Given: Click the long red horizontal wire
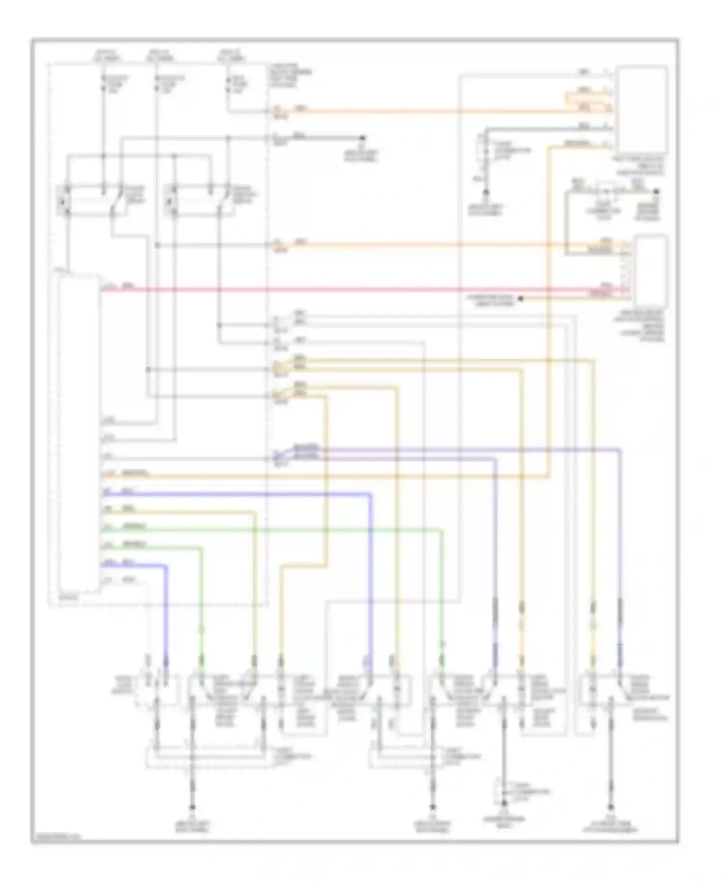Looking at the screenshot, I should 337,290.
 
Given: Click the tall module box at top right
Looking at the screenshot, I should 643,110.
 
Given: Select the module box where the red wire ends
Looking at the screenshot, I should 651,271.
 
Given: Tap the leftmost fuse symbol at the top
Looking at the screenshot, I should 103,84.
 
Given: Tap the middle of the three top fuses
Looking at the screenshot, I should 157,84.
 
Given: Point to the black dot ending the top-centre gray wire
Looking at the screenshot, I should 363,138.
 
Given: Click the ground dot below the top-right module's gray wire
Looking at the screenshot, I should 486,193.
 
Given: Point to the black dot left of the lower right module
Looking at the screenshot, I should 521,299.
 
